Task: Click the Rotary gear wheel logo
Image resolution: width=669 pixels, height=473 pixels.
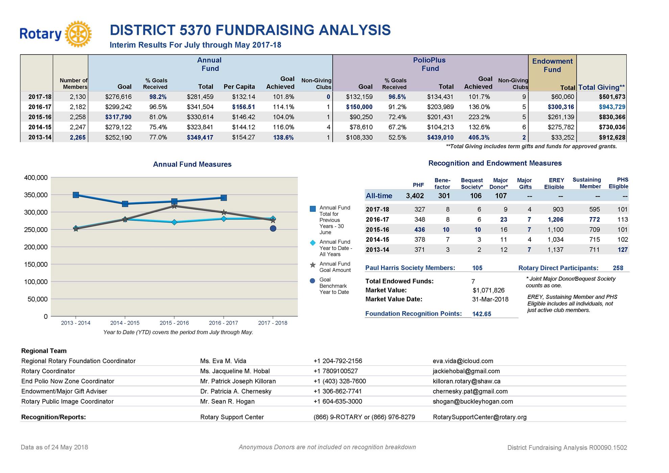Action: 78,34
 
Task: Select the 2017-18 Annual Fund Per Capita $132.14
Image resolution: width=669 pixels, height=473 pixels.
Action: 243,97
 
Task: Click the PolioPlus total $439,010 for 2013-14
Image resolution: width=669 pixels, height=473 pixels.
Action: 440,137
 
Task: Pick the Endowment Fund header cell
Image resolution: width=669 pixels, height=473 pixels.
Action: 552,66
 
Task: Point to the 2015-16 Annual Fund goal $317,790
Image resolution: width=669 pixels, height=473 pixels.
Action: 118,117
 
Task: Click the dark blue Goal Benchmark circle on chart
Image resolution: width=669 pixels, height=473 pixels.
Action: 273,229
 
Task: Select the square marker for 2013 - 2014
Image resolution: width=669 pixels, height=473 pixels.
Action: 76,195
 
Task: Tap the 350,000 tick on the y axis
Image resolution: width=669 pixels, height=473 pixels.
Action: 35,195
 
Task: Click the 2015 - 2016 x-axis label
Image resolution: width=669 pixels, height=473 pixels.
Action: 174,323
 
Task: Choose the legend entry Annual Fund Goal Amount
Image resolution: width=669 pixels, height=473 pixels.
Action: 335,267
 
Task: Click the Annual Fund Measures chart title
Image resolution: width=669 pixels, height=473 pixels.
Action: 192,164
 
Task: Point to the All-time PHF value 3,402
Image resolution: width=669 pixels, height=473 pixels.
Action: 415,196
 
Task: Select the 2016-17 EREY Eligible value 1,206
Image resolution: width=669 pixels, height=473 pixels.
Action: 555,219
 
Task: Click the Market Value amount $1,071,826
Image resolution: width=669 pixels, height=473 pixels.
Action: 488,290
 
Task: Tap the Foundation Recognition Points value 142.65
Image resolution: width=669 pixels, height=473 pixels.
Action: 481,314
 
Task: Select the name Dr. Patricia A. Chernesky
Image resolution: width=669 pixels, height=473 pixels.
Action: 236,391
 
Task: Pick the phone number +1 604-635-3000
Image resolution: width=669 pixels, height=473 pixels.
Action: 338,401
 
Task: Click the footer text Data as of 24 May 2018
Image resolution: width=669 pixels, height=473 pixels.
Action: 54,447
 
